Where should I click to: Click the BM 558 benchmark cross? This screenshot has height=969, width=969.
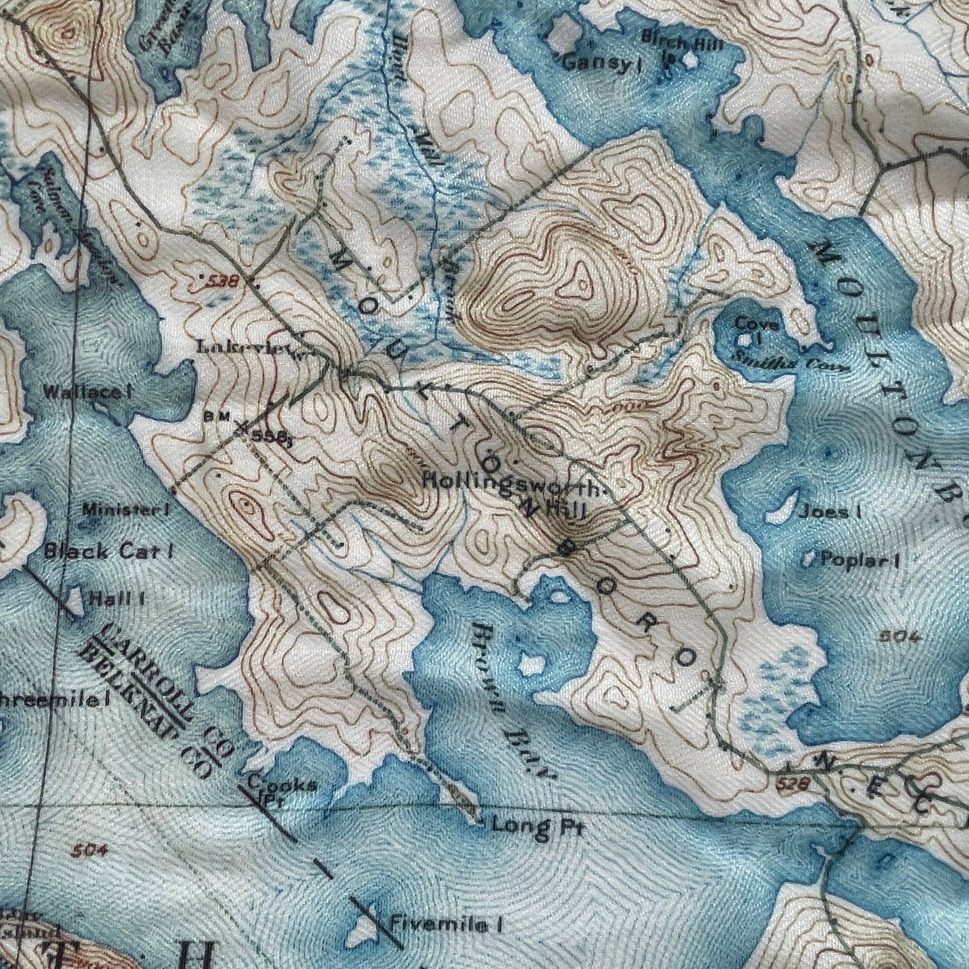[242, 427]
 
